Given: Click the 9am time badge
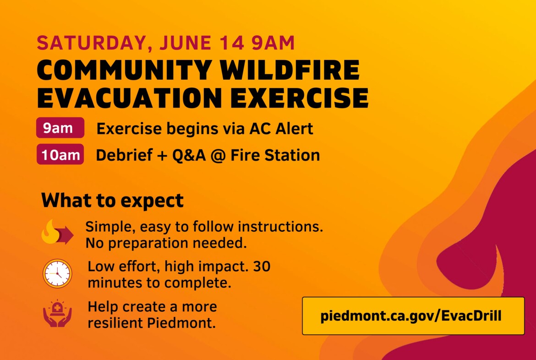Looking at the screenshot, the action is (x=60, y=127).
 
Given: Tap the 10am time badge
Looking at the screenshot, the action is (x=60, y=154).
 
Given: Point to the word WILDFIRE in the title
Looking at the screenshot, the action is (x=290, y=70).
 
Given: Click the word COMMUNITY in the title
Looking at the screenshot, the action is (x=124, y=70).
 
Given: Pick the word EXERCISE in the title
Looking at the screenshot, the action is (x=300, y=98).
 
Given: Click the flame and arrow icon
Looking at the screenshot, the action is (x=57, y=232).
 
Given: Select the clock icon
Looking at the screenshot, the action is (x=57, y=273).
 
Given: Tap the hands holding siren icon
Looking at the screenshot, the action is (x=57, y=313).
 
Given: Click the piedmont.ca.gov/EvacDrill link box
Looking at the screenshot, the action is (x=413, y=316).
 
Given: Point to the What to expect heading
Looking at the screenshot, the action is (x=112, y=200).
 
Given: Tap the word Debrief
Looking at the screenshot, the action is (x=124, y=155).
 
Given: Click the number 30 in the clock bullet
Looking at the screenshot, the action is (x=262, y=266).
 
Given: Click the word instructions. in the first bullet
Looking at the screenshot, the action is (x=280, y=226).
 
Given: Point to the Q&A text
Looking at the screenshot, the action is (x=189, y=156).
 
